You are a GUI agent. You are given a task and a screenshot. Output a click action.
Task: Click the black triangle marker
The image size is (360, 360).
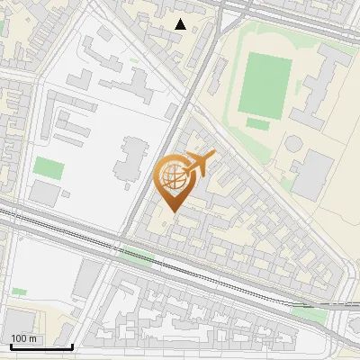[181, 24]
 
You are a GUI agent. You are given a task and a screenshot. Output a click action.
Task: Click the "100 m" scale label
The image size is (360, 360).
[24, 338]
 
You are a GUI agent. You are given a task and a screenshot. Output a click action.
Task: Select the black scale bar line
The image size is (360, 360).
[41, 346]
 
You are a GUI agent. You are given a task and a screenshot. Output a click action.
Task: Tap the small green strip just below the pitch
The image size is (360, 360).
[258, 124]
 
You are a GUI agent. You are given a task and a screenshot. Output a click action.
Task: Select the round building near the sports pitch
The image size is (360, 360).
[294, 143]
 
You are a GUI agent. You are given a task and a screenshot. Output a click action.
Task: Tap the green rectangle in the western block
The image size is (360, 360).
[49, 167]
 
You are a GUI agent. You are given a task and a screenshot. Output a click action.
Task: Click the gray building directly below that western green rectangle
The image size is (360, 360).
[42, 192]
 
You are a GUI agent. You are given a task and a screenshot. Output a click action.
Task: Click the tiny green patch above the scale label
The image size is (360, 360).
[19, 292]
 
